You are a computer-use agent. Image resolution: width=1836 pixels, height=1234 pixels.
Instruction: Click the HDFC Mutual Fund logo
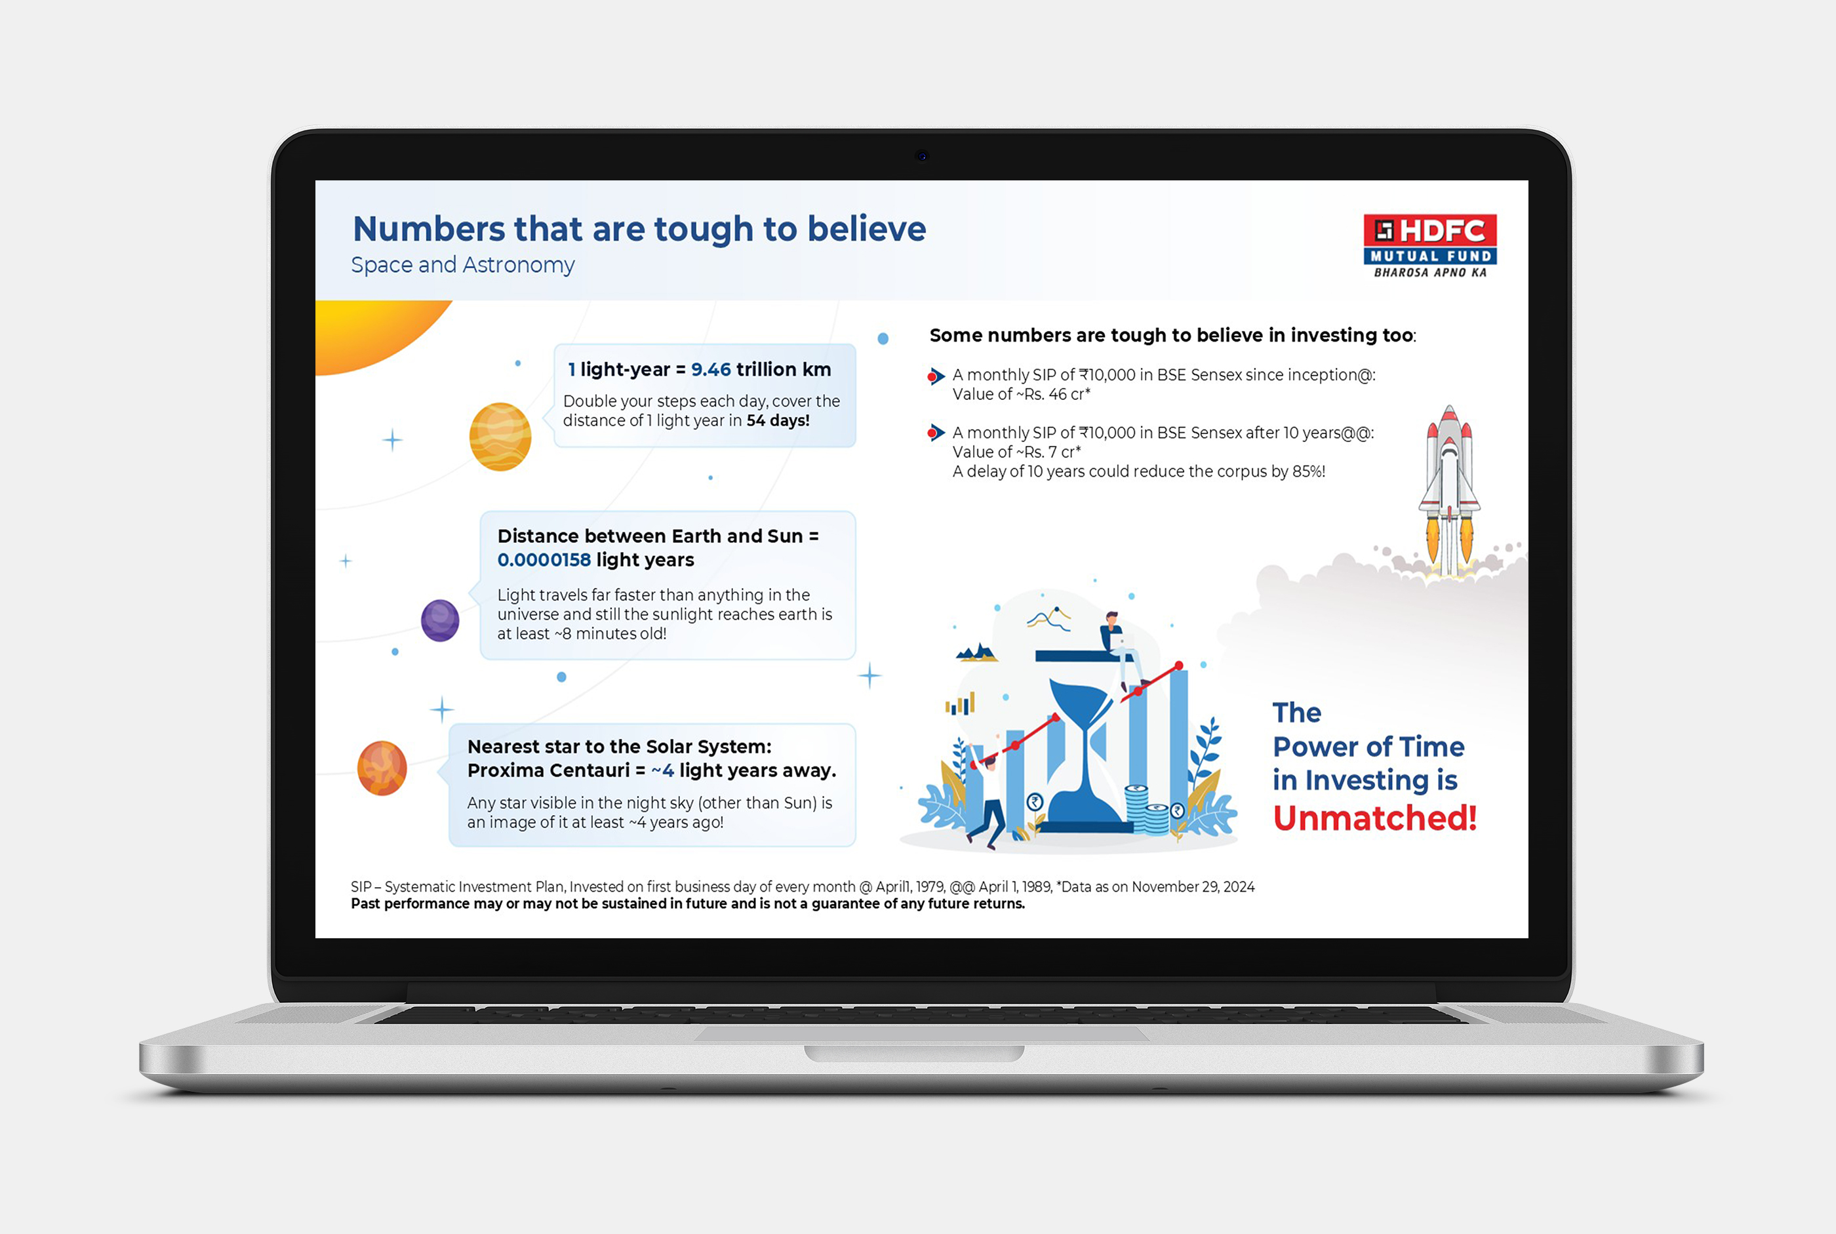1430,245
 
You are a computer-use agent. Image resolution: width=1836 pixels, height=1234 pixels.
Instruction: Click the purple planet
440,620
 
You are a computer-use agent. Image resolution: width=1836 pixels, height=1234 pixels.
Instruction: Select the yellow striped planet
500,437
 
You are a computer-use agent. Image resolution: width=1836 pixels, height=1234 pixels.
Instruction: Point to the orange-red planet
382,768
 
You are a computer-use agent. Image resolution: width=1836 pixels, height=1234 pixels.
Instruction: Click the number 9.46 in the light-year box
711,369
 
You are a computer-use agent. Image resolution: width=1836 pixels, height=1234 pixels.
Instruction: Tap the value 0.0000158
544,559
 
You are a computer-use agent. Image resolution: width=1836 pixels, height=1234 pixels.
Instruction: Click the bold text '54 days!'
778,420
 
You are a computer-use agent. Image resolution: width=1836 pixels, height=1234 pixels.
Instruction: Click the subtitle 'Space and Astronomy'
463,265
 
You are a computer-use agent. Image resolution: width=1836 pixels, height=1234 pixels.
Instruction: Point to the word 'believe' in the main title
866,229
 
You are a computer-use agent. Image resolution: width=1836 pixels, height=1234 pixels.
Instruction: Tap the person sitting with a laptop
1121,649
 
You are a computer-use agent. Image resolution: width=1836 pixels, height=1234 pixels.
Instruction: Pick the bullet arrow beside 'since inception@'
936,376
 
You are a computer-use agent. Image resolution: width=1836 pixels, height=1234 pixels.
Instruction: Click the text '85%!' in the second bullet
1309,471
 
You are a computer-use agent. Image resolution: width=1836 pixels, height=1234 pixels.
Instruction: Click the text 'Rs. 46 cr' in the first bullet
1054,394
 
